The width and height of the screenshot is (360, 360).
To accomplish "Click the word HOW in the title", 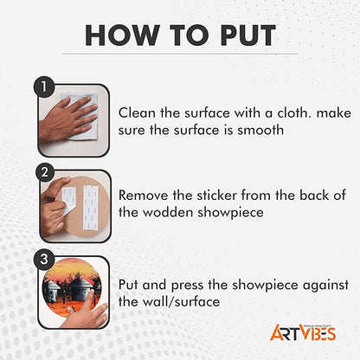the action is pyautogui.click(x=122, y=35).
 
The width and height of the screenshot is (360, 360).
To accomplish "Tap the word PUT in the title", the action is pyautogui.click(x=247, y=35).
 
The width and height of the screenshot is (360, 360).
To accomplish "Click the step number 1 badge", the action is pyautogui.click(x=44, y=87).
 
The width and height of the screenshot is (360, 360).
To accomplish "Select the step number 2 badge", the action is pyautogui.click(x=44, y=172).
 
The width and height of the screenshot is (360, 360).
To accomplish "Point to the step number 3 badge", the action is pyautogui.click(x=44, y=259).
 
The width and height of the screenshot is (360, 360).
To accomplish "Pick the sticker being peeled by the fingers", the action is pyautogui.click(x=68, y=200).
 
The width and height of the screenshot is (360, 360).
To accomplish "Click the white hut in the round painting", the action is pyautogui.click(x=53, y=287).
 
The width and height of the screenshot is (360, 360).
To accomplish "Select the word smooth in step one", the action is pyautogui.click(x=260, y=131).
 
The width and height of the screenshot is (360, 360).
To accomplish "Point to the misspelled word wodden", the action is pyautogui.click(x=168, y=213).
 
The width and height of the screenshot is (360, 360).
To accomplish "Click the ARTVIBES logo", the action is pyautogui.click(x=303, y=333).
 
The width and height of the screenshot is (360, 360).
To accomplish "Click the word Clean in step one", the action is pyautogui.click(x=137, y=112).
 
